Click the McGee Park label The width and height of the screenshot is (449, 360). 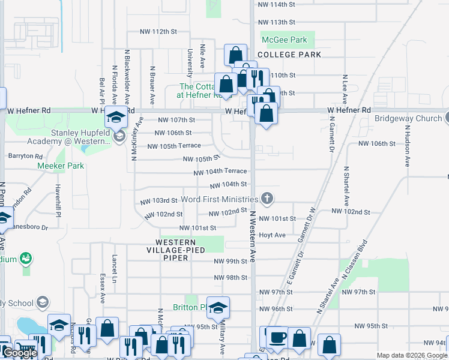[285, 40]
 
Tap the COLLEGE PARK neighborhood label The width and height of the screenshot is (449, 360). [289, 55]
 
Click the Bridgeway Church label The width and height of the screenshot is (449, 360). [408, 118]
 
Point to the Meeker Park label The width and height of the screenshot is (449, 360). [60, 166]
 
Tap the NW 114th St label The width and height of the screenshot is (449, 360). [276, 5]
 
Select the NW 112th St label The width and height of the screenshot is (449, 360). [159, 31]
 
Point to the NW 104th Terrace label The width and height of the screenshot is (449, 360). [220, 172]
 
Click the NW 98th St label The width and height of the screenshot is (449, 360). [231, 278]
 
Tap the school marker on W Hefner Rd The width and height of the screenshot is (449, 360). [116, 116]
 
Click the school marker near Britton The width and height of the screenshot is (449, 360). [218, 307]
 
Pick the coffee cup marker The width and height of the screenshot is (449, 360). [276, 338]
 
